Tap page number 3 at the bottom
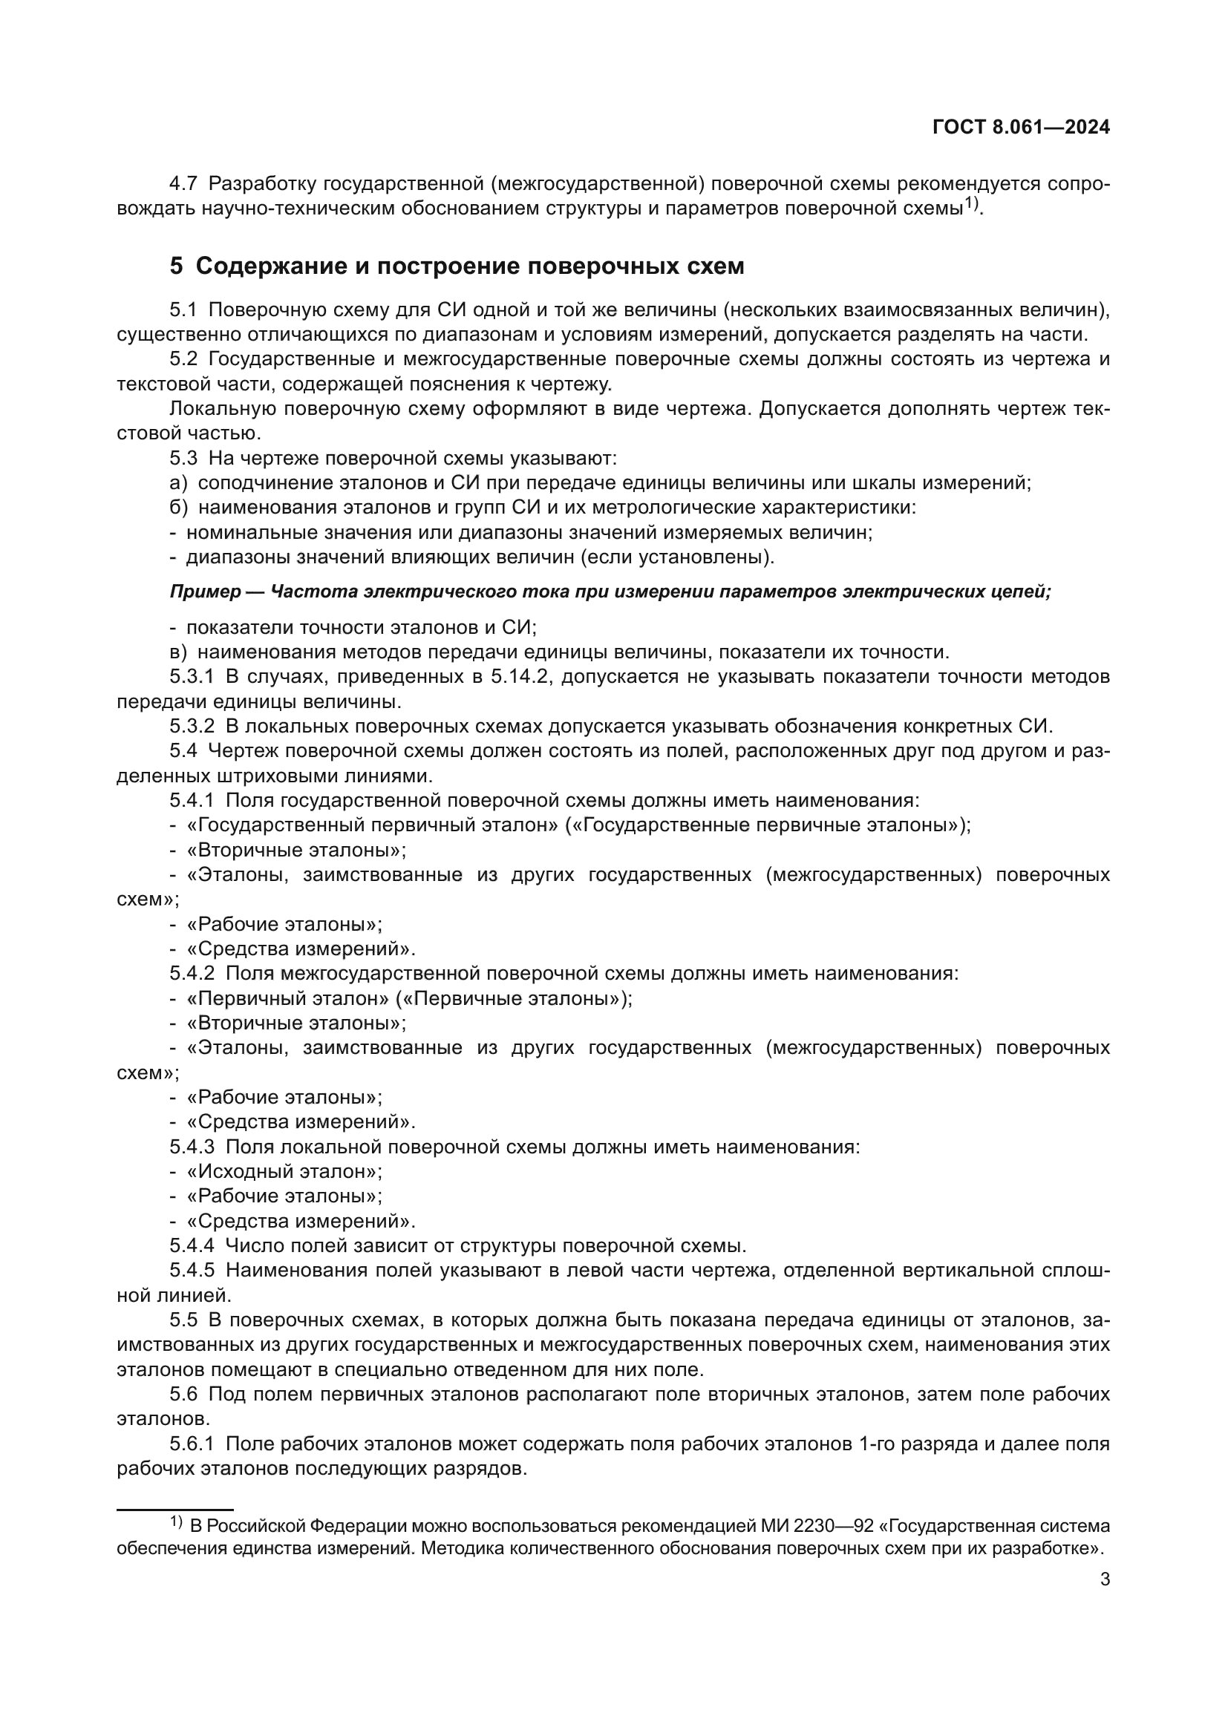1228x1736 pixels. point(1105,1579)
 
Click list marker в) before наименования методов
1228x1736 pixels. point(177,652)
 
